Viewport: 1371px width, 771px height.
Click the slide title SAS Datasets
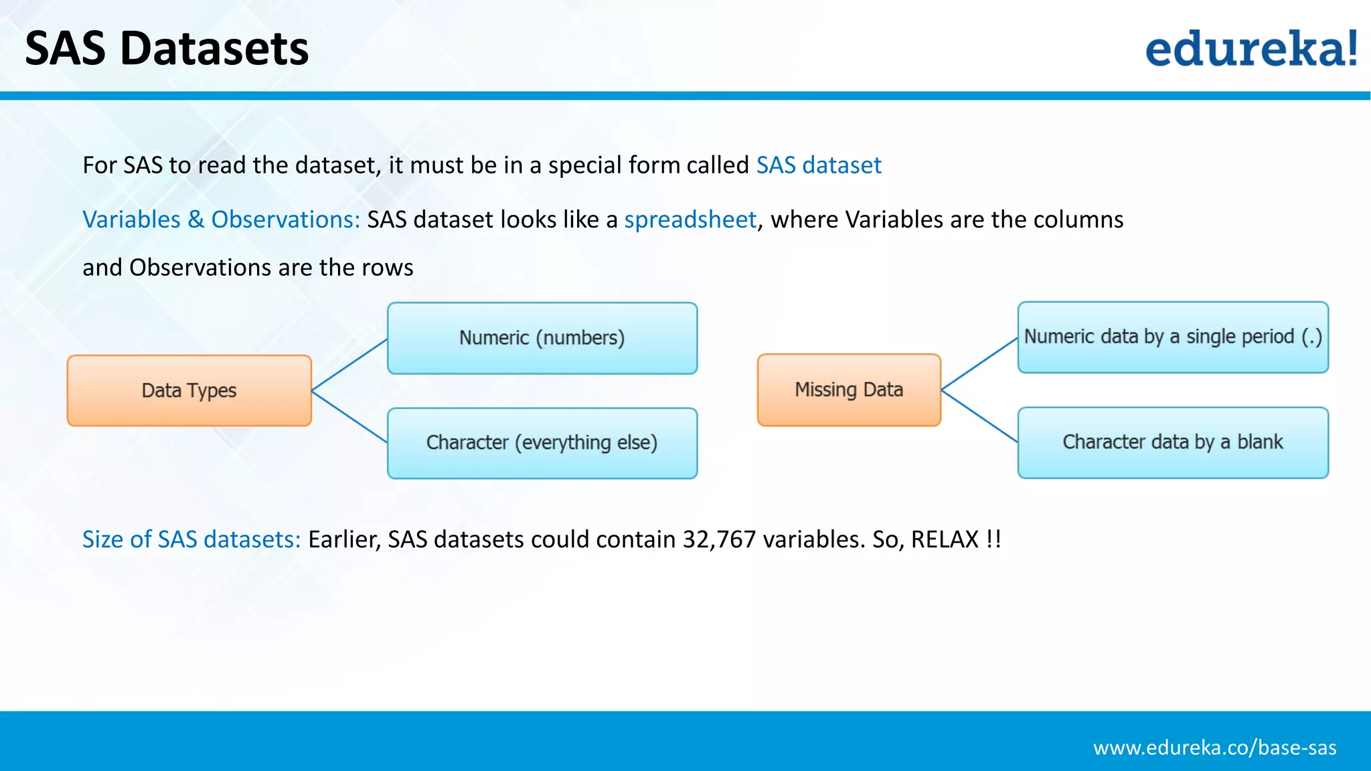click(167, 49)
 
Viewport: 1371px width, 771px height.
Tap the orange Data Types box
click(189, 390)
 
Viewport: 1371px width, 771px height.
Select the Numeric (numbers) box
click(542, 338)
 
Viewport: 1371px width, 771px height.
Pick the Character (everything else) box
click(542, 443)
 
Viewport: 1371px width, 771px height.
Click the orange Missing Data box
click(849, 390)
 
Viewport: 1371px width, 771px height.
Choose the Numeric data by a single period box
click(1173, 337)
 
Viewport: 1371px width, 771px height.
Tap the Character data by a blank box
click(1173, 442)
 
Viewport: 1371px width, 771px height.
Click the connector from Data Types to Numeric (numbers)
click(349, 365)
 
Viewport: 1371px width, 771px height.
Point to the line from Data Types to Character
click(349, 416)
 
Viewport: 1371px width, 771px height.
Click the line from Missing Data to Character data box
click(979, 416)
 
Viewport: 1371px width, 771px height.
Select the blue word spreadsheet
click(690, 220)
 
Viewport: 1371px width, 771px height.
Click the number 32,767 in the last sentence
click(719, 539)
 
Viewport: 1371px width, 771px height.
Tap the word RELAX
click(945, 539)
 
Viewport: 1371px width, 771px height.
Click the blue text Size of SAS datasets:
click(191, 539)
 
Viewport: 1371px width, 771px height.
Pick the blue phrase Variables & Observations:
click(221, 220)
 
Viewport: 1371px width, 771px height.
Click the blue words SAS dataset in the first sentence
click(819, 165)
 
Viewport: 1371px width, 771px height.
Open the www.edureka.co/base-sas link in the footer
click(1214, 748)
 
